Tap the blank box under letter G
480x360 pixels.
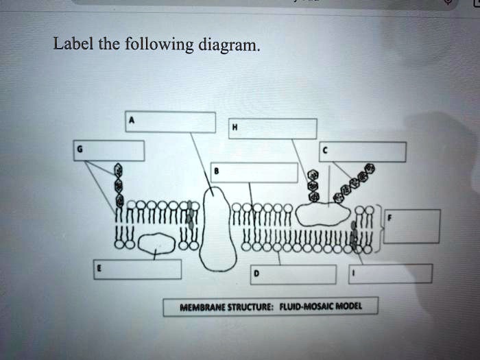pyautogui.click(x=110, y=150)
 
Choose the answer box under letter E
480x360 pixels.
pyautogui.click(x=138, y=269)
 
